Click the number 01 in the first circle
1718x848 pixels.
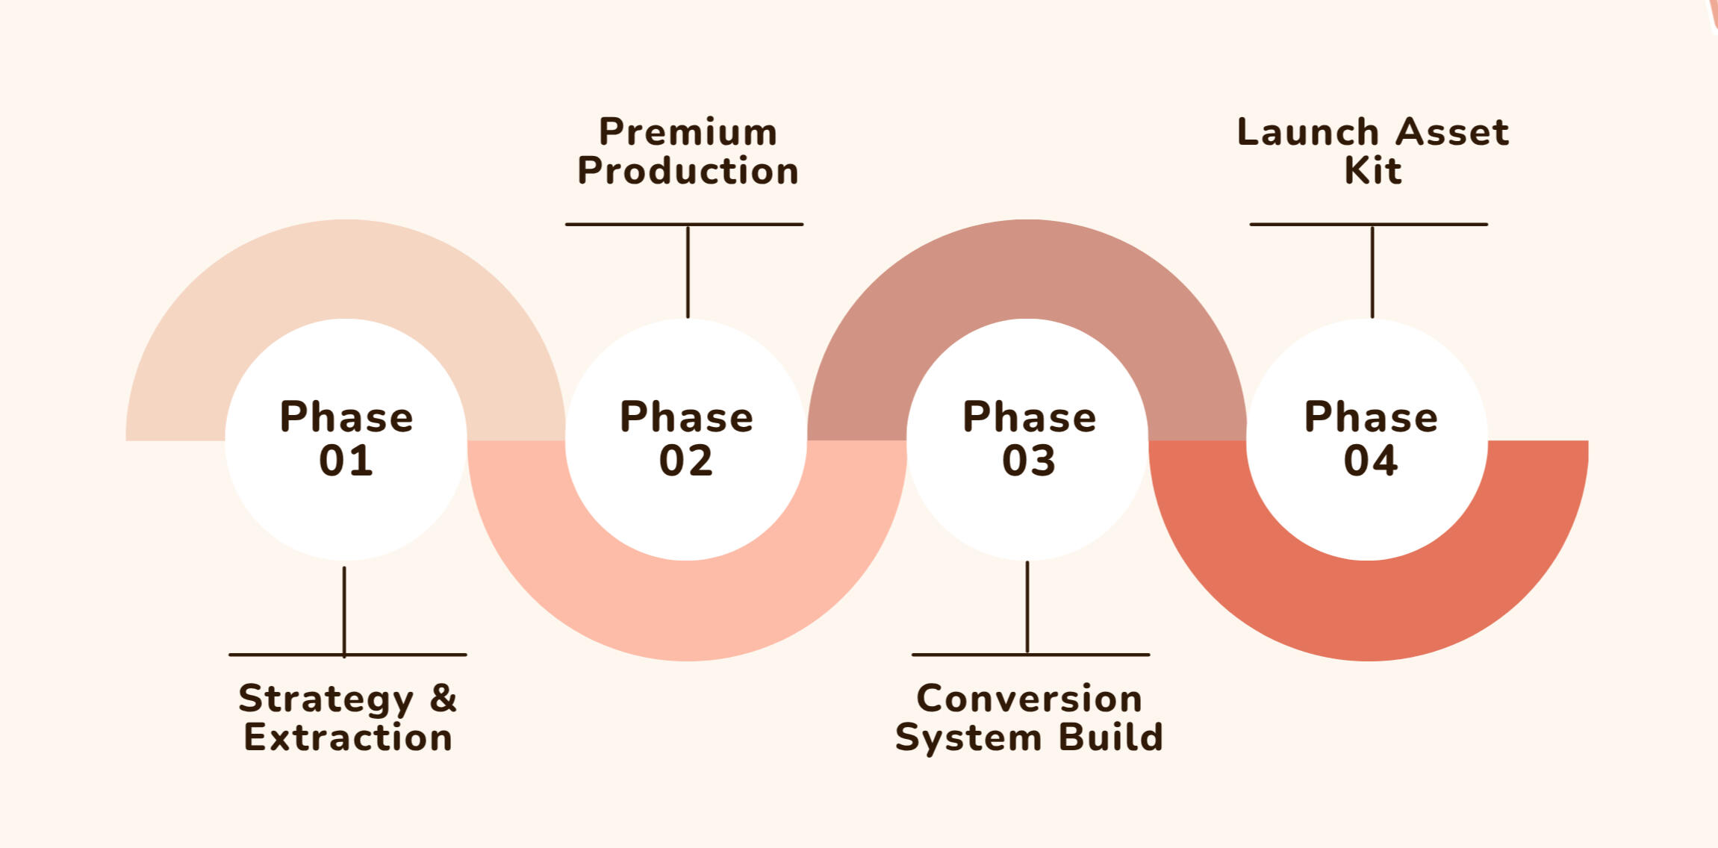coord(346,461)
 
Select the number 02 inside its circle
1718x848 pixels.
coord(686,461)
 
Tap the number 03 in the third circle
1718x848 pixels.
coord(1029,461)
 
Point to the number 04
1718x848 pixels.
coord(1371,461)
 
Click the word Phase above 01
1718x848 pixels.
coord(346,417)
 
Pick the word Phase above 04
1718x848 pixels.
coord(1371,417)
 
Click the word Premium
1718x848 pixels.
coord(688,132)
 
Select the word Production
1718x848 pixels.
coord(688,171)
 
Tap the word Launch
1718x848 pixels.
coord(1307,132)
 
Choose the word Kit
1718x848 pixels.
coord(1372,171)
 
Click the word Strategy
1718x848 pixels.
coord(326,699)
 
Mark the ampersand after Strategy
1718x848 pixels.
coord(443,698)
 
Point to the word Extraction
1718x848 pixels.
coord(348,738)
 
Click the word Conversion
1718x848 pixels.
coord(1029,699)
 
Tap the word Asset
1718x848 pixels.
coord(1451,132)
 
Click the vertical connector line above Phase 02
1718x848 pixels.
coord(688,272)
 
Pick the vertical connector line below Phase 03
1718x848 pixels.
coord(1027,608)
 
